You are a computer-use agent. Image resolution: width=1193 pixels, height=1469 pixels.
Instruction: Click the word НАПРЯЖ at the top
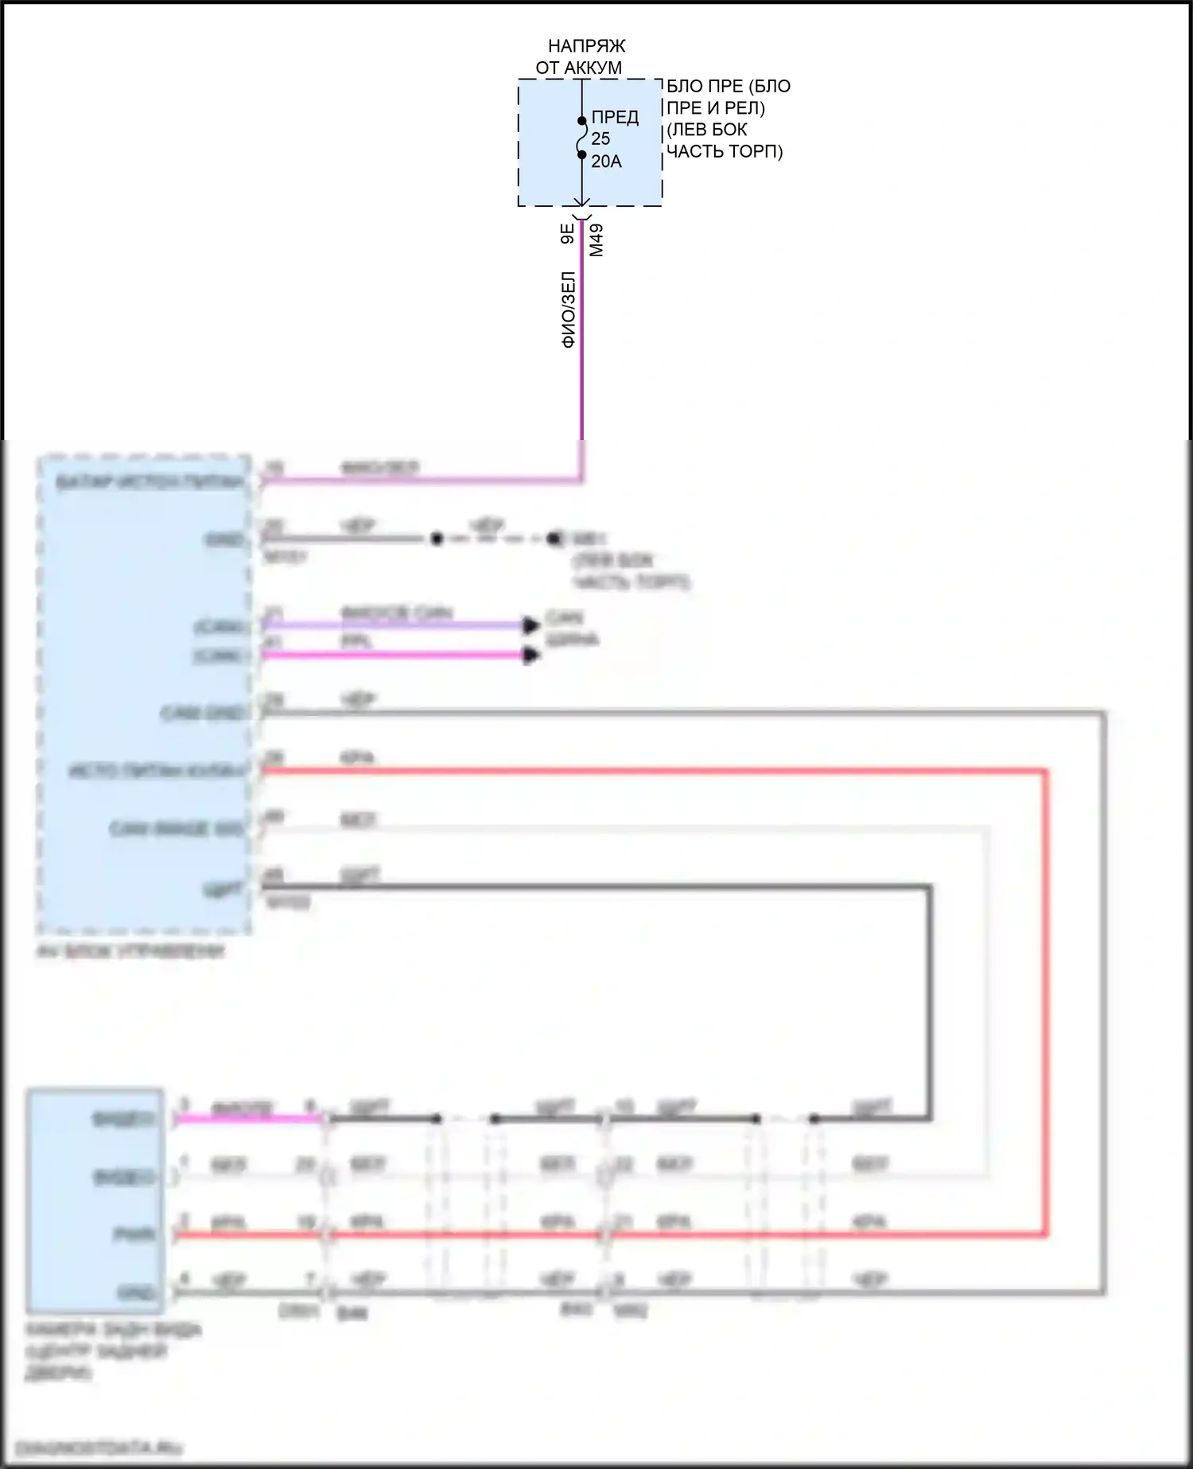pos(586,47)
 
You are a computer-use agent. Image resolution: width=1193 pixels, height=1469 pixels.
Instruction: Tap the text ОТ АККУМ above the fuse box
pos(578,68)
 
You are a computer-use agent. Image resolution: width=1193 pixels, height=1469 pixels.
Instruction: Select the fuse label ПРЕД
pos(615,118)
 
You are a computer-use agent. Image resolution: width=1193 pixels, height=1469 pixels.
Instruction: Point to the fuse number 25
pos(600,139)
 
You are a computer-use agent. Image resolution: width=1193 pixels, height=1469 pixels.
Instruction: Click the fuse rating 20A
pos(606,162)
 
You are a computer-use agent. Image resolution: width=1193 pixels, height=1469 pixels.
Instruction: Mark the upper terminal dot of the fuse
pos(581,122)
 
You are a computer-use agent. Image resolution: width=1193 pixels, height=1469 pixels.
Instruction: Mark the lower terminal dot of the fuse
pos(581,155)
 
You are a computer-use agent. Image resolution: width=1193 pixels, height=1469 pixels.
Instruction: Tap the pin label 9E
pos(567,234)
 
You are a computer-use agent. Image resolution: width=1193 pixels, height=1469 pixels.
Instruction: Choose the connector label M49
pos(596,240)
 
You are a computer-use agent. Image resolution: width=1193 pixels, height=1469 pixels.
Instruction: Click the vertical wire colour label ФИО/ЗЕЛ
pos(569,310)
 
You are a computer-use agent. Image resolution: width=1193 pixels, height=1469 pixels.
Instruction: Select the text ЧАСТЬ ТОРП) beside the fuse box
pos(724,151)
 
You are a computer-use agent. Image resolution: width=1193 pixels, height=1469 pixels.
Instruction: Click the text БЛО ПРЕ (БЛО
pos(728,86)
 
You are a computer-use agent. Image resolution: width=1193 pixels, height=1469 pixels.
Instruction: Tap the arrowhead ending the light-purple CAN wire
pos(530,625)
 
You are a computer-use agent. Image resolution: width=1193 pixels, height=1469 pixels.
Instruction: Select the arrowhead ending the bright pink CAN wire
pos(530,656)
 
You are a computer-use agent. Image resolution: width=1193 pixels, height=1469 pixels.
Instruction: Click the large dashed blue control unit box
pos(145,692)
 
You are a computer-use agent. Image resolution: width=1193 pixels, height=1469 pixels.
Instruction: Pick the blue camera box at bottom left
pos(95,1202)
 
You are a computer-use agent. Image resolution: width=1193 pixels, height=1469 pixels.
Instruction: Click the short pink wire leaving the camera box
pos(247,1120)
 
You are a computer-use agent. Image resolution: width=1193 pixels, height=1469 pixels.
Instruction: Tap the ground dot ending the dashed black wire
pos(554,539)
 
